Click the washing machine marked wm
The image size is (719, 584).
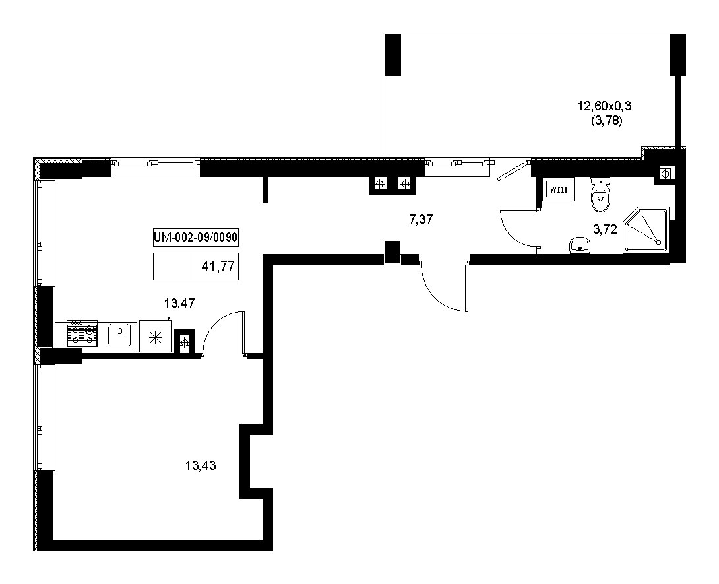tap(558, 189)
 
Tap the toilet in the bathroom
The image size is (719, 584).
tap(601, 195)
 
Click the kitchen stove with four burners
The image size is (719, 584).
tap(82, 333)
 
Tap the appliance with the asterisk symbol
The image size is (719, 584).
tap(156, 337)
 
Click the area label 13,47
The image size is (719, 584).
tap(179, 303)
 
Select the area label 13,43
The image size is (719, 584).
tap(201, 466)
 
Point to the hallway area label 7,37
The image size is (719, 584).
tap(421, 219)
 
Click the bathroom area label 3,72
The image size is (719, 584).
tap(606, 230)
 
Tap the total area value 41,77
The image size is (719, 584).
tap(218, 266)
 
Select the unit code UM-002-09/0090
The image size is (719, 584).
tap(195, 237)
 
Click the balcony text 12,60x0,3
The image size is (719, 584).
tap(604, 106)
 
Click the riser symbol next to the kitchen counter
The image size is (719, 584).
tap(184, 342)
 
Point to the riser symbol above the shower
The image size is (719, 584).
tap(665, 174)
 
